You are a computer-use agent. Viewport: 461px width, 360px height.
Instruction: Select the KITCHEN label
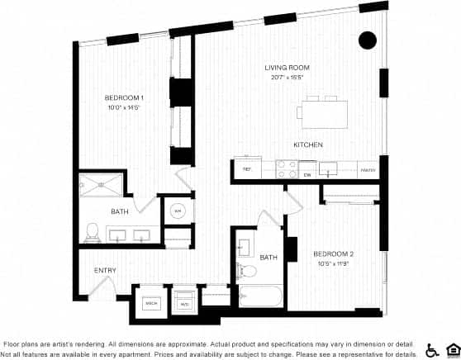point(307,144)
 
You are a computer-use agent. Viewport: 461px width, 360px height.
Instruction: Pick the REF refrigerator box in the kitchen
point(246,169)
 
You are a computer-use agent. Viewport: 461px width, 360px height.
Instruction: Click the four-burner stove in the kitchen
point(286,169)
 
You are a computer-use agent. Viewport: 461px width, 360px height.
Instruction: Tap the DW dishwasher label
point(307,174)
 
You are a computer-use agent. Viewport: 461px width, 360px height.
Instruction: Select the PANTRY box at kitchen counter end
point(368,170)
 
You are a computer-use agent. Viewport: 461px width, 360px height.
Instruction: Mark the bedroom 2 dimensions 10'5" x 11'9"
point(334,263)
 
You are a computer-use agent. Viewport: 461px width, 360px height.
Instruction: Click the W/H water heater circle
point(177,211)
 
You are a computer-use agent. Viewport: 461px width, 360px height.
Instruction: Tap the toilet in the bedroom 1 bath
point(93,234)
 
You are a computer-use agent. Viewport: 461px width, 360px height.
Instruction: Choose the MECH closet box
point(150,303)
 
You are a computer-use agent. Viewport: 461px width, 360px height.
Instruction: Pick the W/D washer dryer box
point(184,304)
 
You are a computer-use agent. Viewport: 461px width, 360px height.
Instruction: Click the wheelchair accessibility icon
point(433,349)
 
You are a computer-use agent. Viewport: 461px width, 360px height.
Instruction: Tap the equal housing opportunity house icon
point(452,349)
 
